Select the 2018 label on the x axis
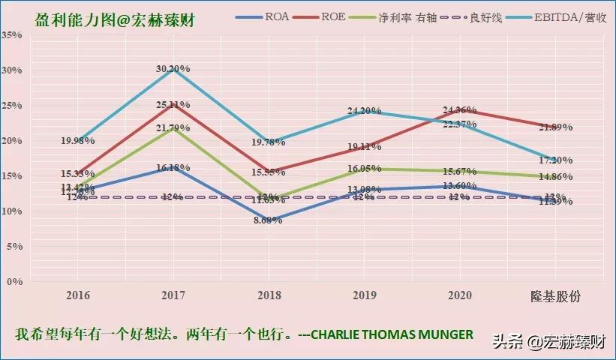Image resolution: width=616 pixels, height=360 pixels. tap(268, 296)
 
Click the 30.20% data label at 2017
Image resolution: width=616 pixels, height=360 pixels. tap(173, 68)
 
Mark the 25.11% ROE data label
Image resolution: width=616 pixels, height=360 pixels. tap(173, 104)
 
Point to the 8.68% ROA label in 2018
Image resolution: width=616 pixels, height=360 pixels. tap(268, 220)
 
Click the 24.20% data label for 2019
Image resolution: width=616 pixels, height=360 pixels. tap(364, 111)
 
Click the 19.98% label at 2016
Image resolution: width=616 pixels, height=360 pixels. tap(77, 140)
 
